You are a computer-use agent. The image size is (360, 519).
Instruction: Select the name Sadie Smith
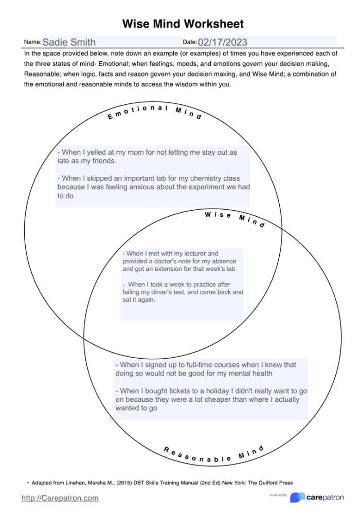click(69, 42)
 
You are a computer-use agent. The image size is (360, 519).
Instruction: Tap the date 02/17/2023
click(222, 42)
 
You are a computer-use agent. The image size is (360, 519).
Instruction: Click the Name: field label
click(33, 42)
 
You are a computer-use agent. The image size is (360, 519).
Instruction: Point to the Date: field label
click(190, 42)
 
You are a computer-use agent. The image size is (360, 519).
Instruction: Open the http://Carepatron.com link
click(60, 498)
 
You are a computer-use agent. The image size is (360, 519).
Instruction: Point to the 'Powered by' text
click(278, 495)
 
